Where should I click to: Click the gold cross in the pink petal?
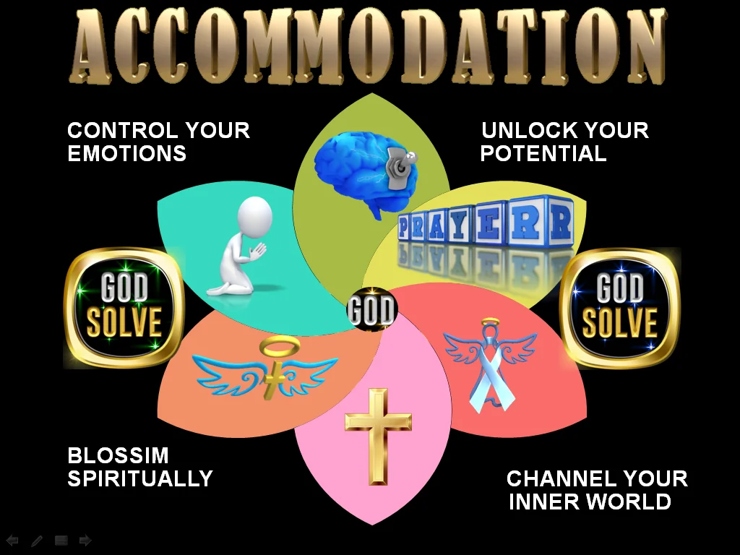377,434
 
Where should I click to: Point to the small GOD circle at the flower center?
371,310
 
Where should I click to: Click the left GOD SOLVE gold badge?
124,308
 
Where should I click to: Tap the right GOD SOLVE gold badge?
620,307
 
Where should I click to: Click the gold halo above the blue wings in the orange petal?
275,348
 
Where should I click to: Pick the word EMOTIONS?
126,153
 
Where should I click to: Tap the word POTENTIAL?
543,153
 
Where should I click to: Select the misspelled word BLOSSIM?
118,456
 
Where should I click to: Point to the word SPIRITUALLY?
140,478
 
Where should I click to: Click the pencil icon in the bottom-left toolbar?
37,540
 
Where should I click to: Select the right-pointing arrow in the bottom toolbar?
85,540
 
